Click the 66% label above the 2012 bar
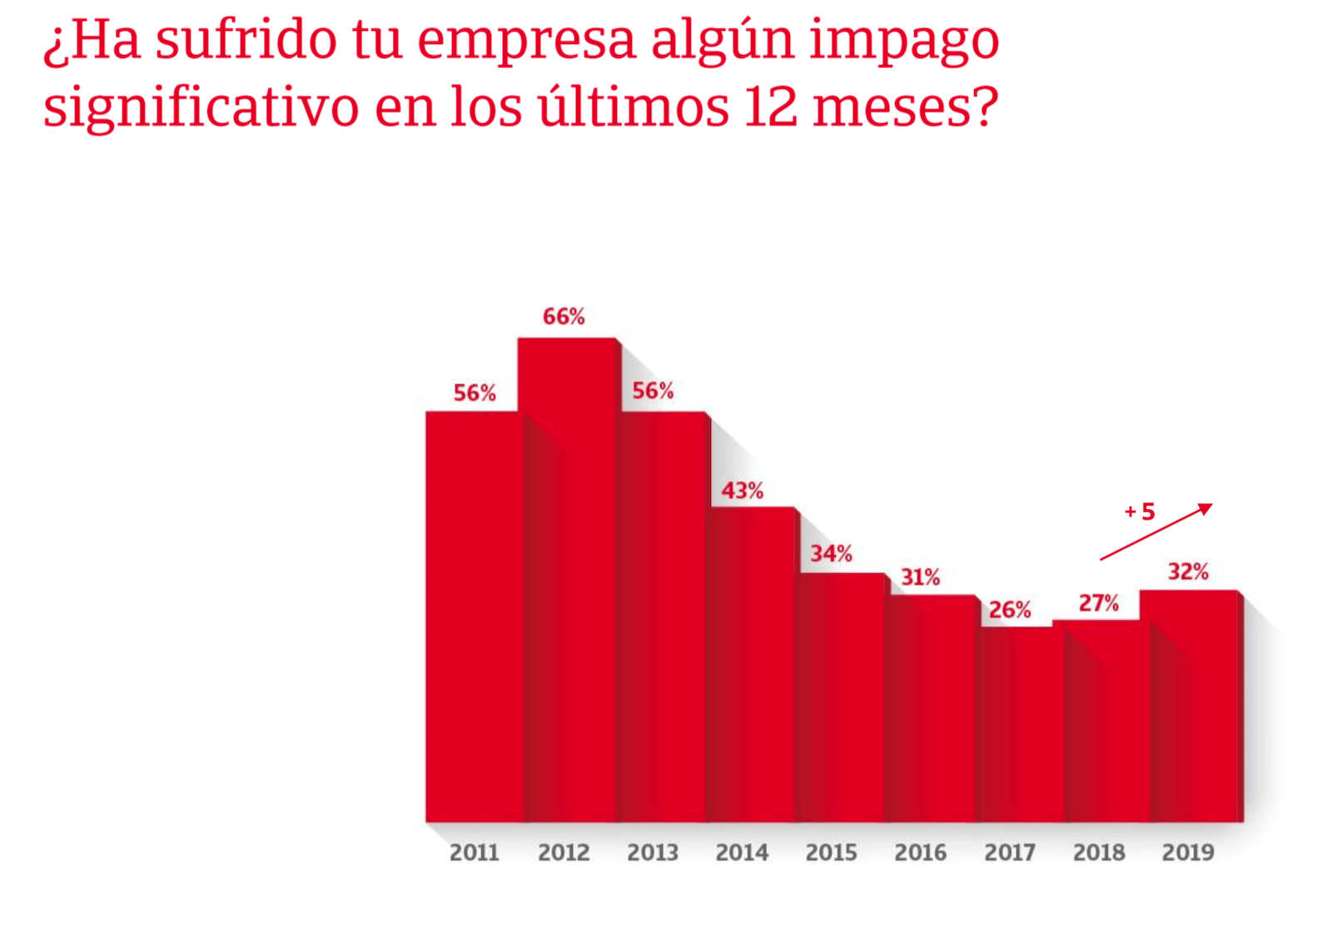[564, 316]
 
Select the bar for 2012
[566, 582]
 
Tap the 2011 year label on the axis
[474, 852]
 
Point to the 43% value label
[742, 490]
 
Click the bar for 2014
[752, 666]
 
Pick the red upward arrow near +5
[1157, 531]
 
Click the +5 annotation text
[1140, 511]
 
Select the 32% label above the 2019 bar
[1188, 572]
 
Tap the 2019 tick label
[1188, 852]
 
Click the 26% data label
[1010, 610]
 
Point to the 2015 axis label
[831, 852]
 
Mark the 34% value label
[831, 553]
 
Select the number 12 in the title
[771, 107]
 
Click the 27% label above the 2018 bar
[1098, 603]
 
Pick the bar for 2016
[931, 707]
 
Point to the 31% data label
[920, 577]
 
